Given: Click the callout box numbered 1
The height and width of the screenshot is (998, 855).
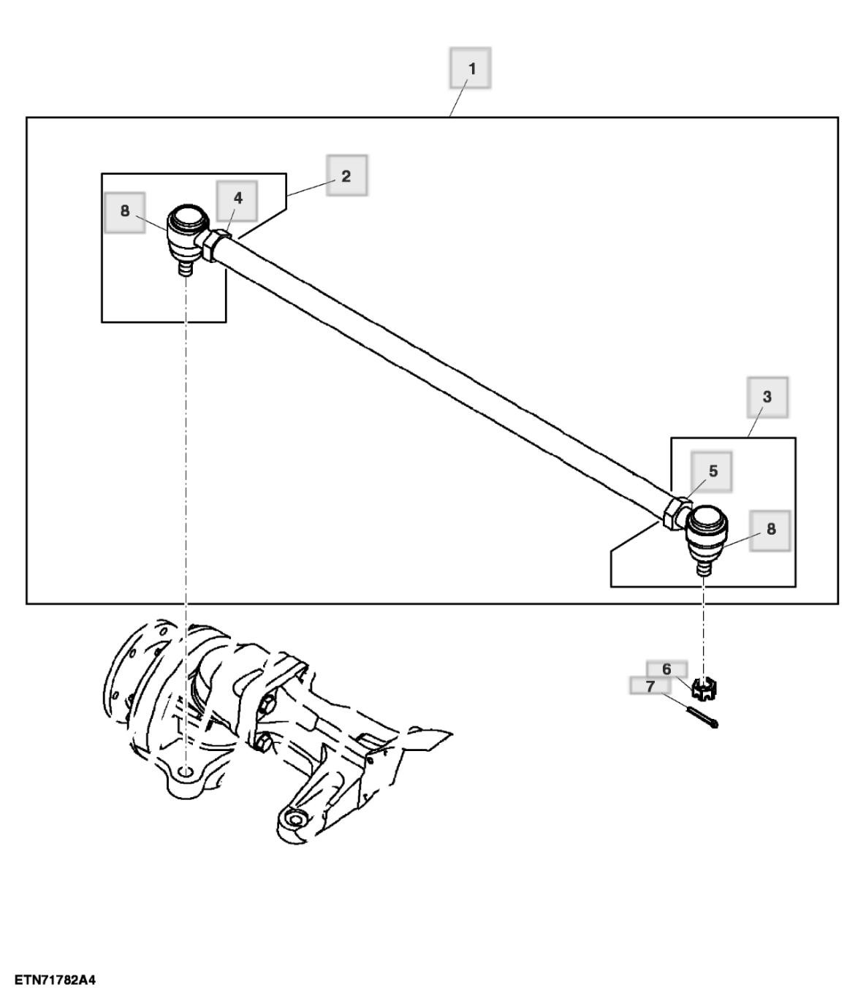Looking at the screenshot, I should click(x=470, y=69).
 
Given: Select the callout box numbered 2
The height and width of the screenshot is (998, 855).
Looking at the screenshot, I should click(x=346, y=175).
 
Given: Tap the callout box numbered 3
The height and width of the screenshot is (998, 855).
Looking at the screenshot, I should click(x=767, y=397).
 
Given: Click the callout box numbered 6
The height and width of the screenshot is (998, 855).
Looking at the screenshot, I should click(x=666, y=668).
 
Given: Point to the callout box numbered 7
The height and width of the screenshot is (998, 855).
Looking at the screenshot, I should click(x=650, y=686).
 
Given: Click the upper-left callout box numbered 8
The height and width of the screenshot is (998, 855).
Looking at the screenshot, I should click(x=125, y=212).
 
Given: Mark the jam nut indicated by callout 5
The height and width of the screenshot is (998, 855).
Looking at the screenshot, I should click(x=677, y=514).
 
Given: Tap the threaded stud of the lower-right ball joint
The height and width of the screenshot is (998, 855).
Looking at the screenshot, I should click(x=703, y=567).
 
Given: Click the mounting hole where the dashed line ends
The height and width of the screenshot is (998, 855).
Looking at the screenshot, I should click(x=186, y=773).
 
